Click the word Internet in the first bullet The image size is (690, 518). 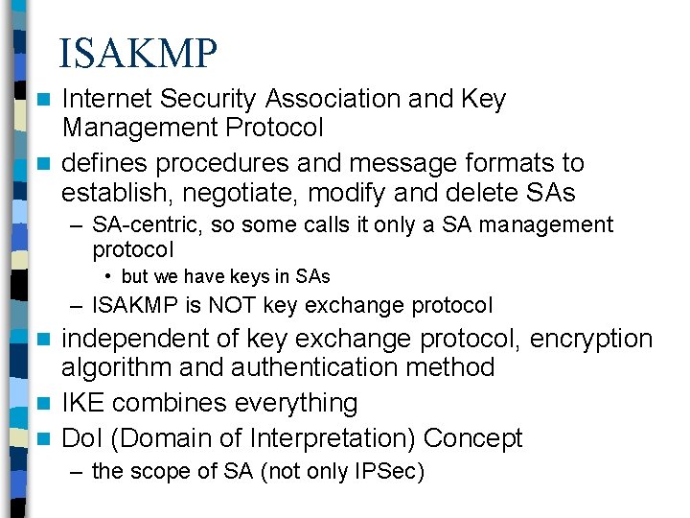(x=108, y=99)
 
